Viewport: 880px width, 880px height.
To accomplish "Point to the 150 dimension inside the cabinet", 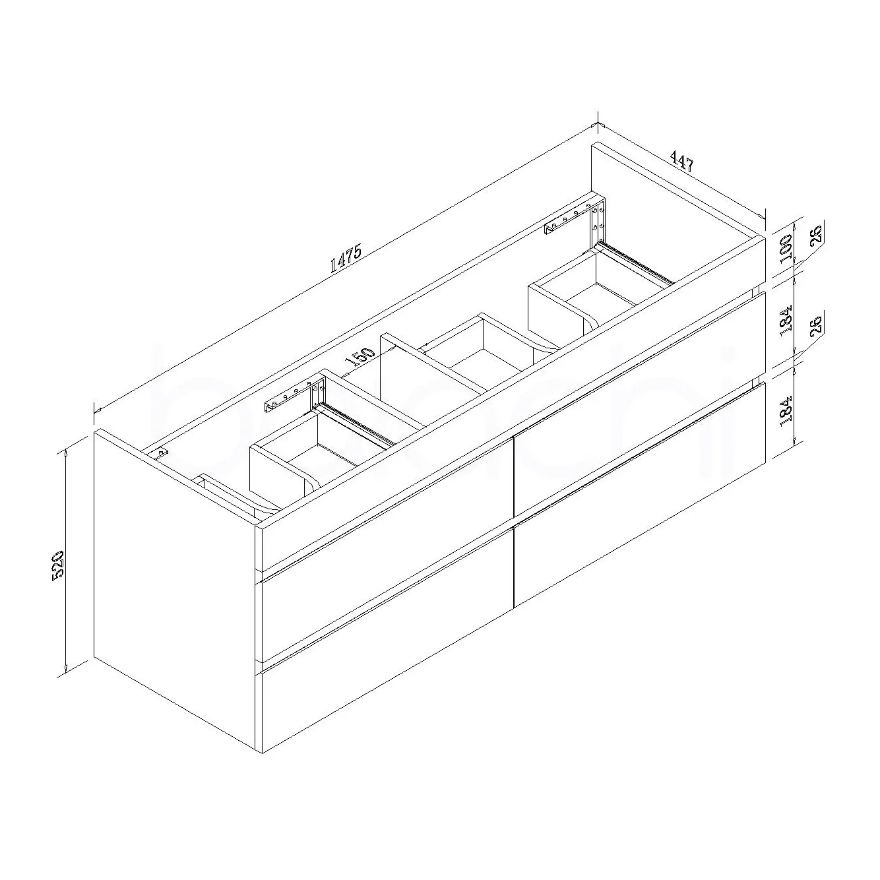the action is [360, 357].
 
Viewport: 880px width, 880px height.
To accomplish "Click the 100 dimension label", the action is [786, 249].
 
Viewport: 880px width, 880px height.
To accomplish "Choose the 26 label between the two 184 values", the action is [817, 324].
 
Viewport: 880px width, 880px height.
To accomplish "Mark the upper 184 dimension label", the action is [786, 322].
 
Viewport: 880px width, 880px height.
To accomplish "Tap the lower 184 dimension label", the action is [786, 412].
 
